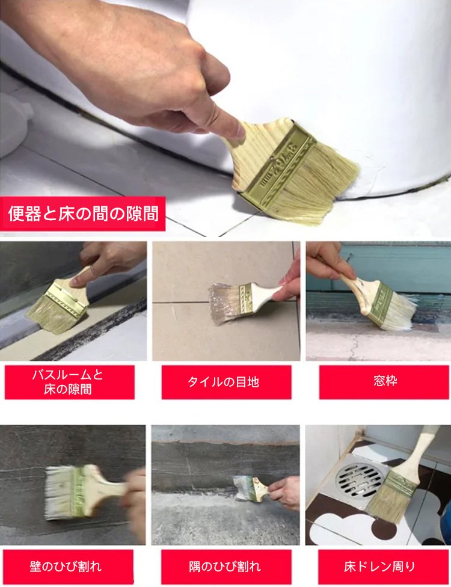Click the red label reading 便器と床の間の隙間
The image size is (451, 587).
83,214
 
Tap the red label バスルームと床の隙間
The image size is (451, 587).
70,383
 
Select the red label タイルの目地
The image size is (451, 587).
227,383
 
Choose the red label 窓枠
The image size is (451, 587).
384,383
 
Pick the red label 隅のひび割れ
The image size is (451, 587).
226,567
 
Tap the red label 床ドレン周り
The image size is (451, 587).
383,567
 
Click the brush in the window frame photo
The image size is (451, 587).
378,299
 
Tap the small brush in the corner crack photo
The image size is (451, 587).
251,488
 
